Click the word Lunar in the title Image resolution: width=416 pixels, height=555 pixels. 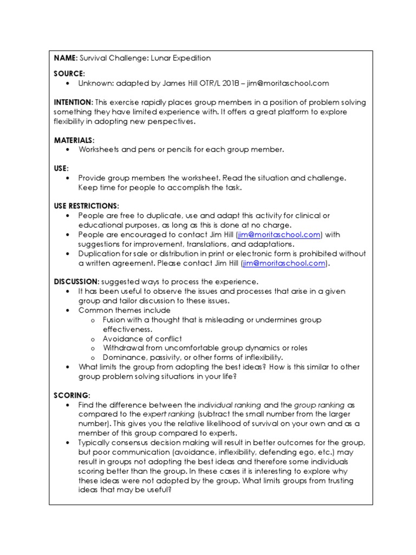162,58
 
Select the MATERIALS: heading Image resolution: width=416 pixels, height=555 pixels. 74,140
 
